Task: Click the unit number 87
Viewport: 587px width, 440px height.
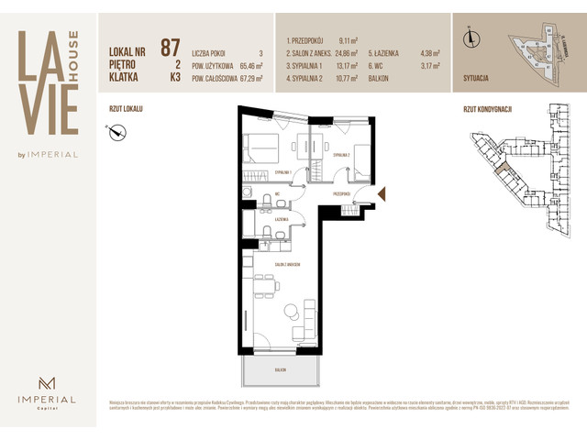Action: pyautogui.click(x=170, y=48)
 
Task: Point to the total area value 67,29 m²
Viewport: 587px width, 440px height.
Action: pyautogui.click(x=245, y=79)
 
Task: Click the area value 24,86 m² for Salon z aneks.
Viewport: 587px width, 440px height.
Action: pyautogui.click(x=349, y=53)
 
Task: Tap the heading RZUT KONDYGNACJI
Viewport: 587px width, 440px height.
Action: pyautogui.click(x=487, y=108)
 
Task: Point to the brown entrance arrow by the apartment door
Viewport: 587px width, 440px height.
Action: pyautogui.click(x=382, y=193)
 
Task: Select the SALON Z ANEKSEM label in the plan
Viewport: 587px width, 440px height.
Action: pyautogui.click(x=287, y=264)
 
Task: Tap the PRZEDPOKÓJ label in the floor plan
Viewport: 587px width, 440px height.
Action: pyautogui.click(x=343, y=193)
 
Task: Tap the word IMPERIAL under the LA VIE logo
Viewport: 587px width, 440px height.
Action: pyautogui.click(x=56, y=155)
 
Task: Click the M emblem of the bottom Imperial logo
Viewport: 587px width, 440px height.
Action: pyautogui.click(x=49, y=382)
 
